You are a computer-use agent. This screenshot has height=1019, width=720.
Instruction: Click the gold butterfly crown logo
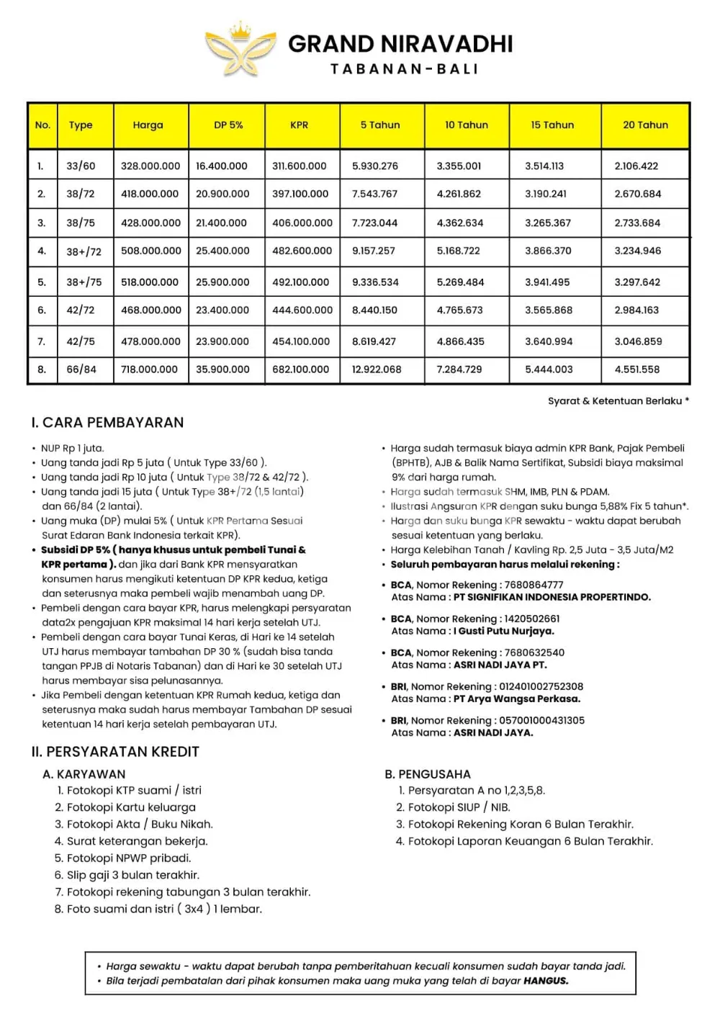tap(240, 50)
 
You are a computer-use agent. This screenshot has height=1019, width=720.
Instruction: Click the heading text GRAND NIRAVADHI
tap(400, 44)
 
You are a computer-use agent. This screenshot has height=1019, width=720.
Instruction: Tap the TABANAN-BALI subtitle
tap(404, 69)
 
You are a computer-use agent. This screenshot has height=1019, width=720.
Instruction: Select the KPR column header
tap(300, 125)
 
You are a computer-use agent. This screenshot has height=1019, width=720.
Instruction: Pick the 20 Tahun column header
tap(645, 125)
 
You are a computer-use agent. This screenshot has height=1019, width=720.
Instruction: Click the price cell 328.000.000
tap(150, 166)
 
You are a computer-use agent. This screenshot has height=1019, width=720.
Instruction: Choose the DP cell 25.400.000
tap(222, 251)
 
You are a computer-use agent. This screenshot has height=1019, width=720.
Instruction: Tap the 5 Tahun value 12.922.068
tap(377, 369)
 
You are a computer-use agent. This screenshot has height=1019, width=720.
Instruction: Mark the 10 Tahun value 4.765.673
tap(459, 310)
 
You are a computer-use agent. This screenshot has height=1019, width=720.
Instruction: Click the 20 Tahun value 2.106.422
tap(636, 166)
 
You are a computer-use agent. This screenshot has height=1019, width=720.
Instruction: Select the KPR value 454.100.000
tap(301, 341)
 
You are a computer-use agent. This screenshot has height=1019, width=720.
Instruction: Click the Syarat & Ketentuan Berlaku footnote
tap(618, 401)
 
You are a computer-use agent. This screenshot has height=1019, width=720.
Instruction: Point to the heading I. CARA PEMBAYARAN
tap(107, 423)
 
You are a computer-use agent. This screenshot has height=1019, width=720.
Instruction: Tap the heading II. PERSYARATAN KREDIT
tap(115, 752)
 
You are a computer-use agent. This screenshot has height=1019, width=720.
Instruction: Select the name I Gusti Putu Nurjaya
tap(503, 631)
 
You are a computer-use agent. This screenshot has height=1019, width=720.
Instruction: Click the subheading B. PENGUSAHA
tap(427, 774)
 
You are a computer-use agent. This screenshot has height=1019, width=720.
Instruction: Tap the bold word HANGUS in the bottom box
tap(546, 981)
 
